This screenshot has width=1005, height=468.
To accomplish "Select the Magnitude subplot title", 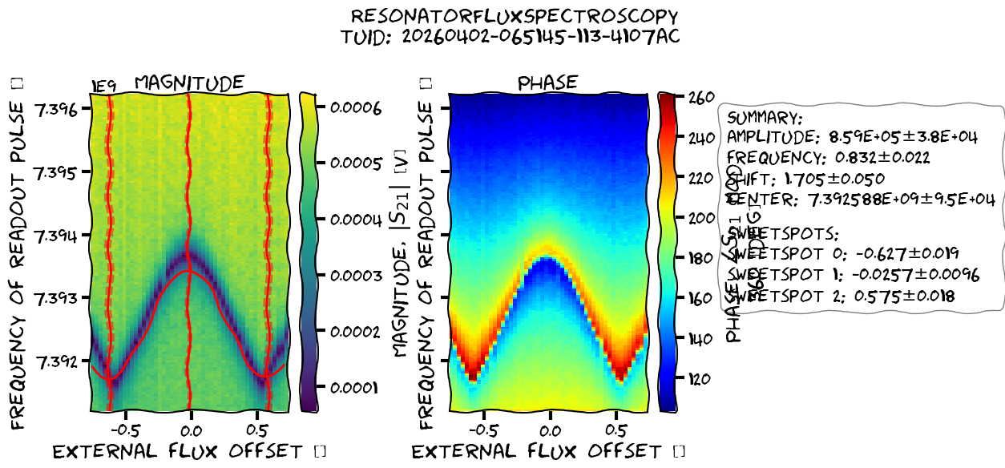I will coord(189,83).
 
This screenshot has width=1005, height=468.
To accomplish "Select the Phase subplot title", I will coord(547,83).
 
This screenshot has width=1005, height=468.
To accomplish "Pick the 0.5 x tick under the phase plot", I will coord(616,428).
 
